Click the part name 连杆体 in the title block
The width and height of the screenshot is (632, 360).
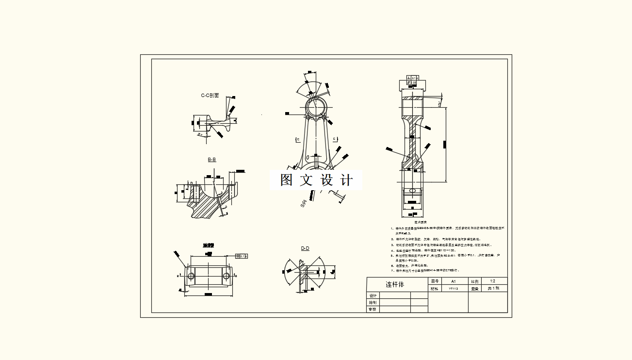point(394,284)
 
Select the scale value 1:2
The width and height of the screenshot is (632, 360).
point(492,281)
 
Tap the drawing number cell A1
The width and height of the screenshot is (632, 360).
point(454,281)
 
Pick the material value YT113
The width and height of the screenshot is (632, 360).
point(454,288)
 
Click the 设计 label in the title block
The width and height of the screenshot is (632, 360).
point(373,295)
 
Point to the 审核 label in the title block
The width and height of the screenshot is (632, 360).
point(373,309)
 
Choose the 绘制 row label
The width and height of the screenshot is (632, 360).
point(373,302)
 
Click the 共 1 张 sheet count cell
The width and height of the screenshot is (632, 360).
point(492,288)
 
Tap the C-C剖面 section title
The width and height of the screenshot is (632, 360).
point(210,96)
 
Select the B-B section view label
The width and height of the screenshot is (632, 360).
point(212,160)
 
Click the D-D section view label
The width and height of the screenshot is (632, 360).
point(305,248)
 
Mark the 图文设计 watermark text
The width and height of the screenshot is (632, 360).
point(316,180)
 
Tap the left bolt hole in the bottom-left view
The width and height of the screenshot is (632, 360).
point(191,276)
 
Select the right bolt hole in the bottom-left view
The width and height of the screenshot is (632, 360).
point(227,276)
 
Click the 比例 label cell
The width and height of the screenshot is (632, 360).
point(474,281)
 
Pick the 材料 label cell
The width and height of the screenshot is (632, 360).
point(435,288)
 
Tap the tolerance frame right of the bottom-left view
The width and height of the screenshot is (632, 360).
point(241,256)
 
